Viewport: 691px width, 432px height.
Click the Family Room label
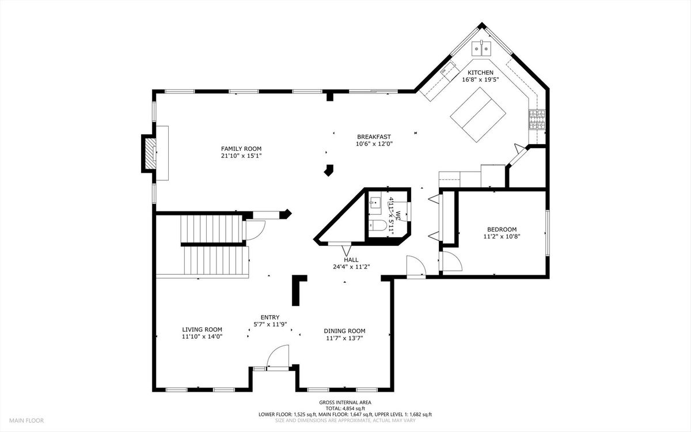click(241, 149)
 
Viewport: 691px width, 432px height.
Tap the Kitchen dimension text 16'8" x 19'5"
click(480, 79)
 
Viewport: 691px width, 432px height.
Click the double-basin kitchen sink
click(481, 49)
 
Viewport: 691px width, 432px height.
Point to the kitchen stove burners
click(537, 119)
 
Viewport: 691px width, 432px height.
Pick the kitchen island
click(478, 115)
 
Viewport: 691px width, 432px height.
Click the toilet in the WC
click(378, 226)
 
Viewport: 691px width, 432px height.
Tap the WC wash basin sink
click(375, 202)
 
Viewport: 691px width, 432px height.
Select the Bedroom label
click(502, 230)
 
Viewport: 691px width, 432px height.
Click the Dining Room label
click(344, 331)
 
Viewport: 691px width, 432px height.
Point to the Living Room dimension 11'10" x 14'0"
click(202, 336)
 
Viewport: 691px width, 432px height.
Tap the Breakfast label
click(374, 137)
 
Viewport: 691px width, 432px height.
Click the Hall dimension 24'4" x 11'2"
click(351, 267)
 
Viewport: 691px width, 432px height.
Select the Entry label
click(270, 317)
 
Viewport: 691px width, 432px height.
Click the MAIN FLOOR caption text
click(26, 420)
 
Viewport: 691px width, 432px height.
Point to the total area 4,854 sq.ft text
click(345, 408)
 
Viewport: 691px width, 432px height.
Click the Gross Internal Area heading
click(345, 403)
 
